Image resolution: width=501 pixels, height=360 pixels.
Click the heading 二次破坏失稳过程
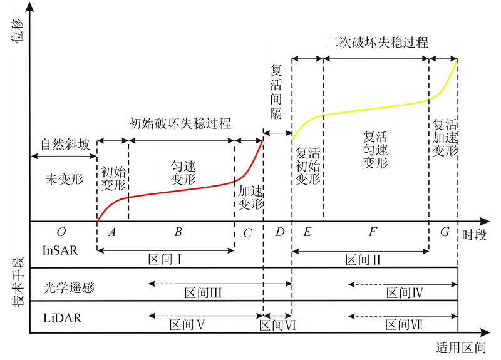(x=378, y=43)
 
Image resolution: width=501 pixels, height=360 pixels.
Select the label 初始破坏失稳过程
(x=180, y=123)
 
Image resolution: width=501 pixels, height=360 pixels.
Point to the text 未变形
(x=63, y=179)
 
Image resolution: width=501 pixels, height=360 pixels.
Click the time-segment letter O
(x=61, y=233)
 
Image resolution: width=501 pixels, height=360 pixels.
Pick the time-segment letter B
(x=178, y=233)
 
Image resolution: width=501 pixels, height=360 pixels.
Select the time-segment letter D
(x=279, y=233)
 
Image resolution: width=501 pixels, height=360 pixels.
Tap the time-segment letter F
(x=373, y=233)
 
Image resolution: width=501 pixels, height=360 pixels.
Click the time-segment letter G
(x=445, y=232)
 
